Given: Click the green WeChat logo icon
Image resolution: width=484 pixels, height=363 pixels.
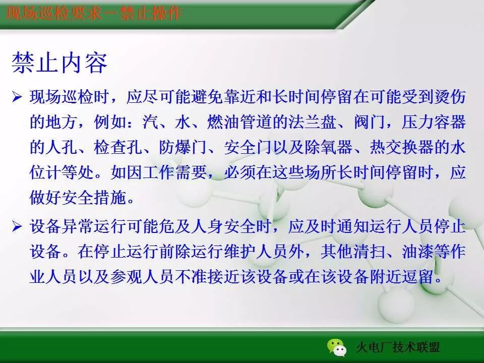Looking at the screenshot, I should click(336, 346).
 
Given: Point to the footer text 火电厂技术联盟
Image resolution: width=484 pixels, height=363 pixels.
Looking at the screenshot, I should click(398, 347).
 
